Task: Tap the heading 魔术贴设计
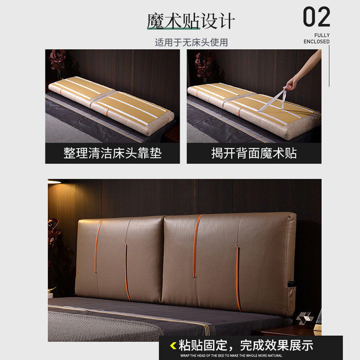point(191,21)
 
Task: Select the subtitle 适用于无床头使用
point(191,43)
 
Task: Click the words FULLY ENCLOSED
point(317,38)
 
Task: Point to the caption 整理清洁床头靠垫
point(112,153)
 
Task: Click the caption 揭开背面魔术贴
point(254,153)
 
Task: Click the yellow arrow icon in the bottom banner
point(173,346)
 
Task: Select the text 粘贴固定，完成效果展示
point(245,346)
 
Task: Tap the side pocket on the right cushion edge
point(292,286)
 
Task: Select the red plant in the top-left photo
point(58,61)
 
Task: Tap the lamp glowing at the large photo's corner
point(54,182)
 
